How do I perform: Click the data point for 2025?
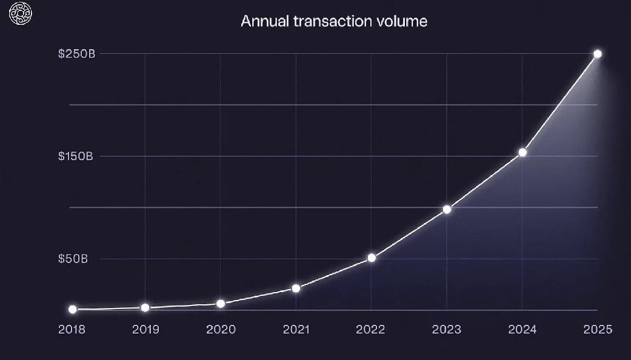pos(598,54)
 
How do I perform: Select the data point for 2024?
pos(522,152)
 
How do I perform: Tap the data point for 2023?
pos(447,210)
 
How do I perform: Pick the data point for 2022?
pos(372,258)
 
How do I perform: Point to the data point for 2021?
pos(296,288)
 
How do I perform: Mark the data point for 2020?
pos(221,304)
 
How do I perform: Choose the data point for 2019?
pos(145,308)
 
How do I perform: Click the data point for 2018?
pos(73,309)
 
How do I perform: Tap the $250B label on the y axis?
pos(76,53)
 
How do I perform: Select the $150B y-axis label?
pos(76,156)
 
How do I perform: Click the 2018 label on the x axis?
pos(72,330)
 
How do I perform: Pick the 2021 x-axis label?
pos(296,330)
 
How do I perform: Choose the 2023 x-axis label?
pos(447,330)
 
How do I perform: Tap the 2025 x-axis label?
pos(598,330)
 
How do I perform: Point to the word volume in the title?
pos(404,21)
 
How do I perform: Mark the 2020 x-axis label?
pos(221,330)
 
